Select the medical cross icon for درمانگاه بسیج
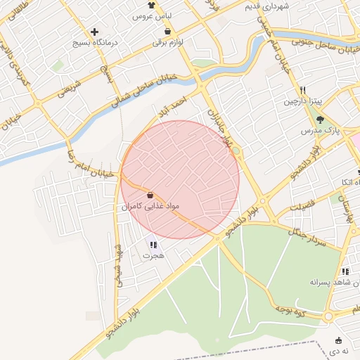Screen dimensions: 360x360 click(x=95, y=32)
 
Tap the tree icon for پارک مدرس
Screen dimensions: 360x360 click(x=320, y=119)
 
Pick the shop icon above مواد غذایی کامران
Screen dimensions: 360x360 click(x=151, y=195)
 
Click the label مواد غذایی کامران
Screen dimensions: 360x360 click(x=152, y=207)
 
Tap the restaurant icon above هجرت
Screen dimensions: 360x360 click(x=153, y=245)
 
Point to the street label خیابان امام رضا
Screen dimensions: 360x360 click(x=90, y=164)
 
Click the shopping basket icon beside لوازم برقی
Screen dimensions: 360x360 click(x=167, y=31)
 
